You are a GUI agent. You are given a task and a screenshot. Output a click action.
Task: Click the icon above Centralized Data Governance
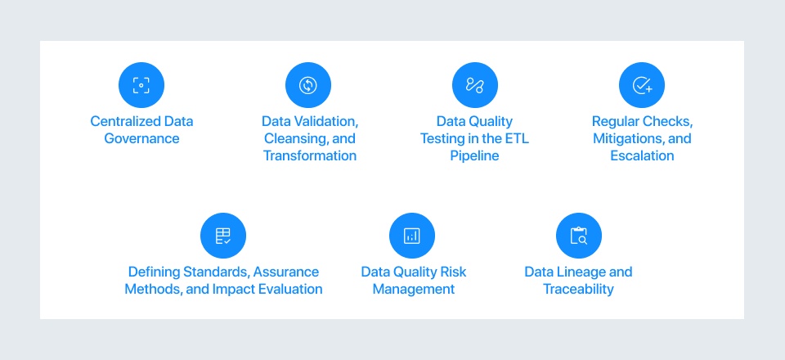pos(141,85)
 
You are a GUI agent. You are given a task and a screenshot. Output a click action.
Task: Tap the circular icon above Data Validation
pos(308,85)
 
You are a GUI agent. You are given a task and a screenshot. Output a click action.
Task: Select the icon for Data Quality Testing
pos(475,85)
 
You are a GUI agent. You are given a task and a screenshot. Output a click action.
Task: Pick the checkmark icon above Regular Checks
pos(642,85)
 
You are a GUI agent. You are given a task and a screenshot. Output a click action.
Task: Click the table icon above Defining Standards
pos(223,236)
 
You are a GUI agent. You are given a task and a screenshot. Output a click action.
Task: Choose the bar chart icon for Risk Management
pos(412,236)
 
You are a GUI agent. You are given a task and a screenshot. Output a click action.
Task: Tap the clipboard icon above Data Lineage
pos(578,236)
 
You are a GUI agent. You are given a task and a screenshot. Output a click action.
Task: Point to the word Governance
pos(141,138)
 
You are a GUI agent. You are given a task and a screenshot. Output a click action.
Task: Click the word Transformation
pos(310,155)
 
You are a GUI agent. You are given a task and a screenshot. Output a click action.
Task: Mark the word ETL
pos(512,138)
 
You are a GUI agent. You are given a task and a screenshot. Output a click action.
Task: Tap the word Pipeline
pos(474,155)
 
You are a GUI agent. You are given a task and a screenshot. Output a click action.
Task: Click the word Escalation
pos(642,155)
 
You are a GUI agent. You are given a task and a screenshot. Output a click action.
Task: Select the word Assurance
pos(286,272)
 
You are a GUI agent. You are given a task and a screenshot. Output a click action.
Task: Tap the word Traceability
pos(578,289)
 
